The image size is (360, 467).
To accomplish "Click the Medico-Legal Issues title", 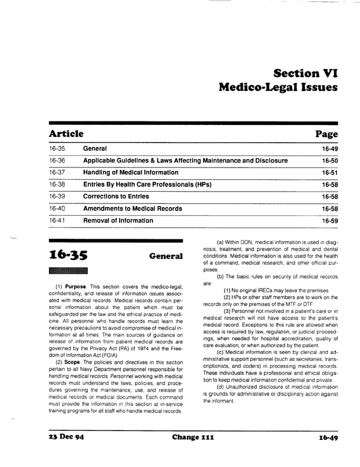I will pyautogui.click(x=278, y=89).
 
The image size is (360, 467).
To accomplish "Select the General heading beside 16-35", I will pyautogui.click(x=164, y=257).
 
